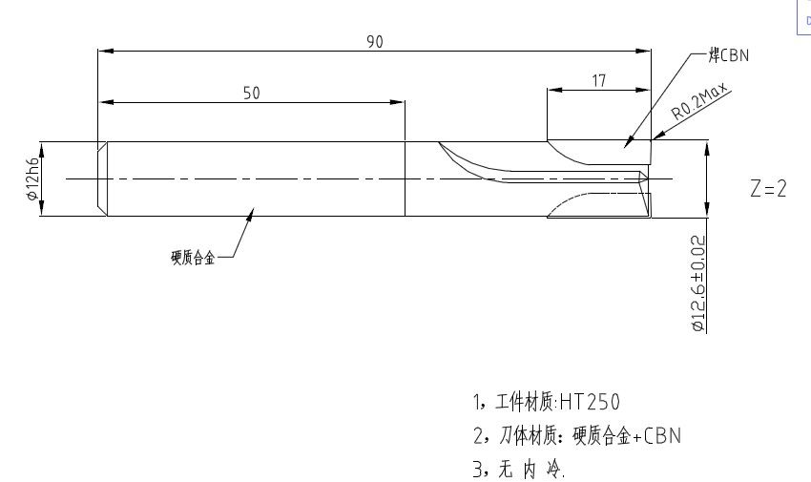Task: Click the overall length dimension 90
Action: tap(374, 41)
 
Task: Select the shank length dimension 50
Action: tap(252, 93)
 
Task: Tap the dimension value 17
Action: tap(598, 81)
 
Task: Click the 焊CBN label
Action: tap(729, 55)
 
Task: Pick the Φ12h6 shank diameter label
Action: tap(31, 178)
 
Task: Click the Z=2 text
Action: tap(768, 189)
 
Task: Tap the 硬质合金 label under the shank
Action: tap(193, 255)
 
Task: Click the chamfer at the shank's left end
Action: tap(101, 178)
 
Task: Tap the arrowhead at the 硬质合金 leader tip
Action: tap(252, 213)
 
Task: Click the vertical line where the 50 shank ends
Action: tap(405, 178)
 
